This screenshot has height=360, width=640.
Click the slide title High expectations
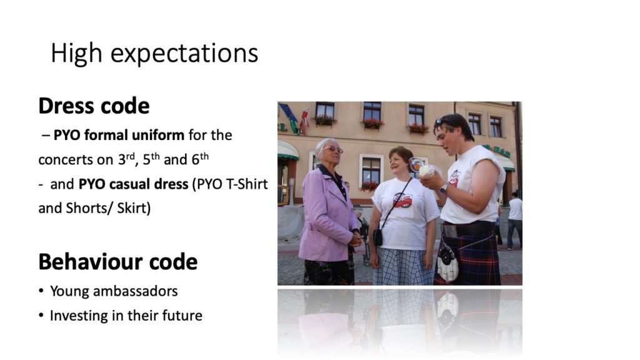(x=154, y=54)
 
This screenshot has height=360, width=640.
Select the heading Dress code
(x=94, y=106)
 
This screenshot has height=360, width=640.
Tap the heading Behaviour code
(x=118, y=262)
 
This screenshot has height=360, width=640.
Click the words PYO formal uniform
(x=119, y=135)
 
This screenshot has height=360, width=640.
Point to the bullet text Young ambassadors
(x=114, y=291)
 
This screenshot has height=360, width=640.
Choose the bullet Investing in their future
(x=126, y=316)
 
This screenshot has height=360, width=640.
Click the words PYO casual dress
(x=133, y=184)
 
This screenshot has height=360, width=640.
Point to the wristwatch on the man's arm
(x=444, y=188)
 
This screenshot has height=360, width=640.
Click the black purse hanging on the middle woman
(x=378, y=237)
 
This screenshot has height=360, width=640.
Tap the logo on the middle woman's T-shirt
(x=403, y=199)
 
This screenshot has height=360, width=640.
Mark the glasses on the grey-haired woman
(x=333, y=149)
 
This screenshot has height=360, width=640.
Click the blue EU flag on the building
(x=289, y=112)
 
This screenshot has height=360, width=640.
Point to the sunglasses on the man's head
(x=441, y=121)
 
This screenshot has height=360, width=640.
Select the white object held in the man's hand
(x=425, y=171)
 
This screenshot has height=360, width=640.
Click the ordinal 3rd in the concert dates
(x=126, y=158)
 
